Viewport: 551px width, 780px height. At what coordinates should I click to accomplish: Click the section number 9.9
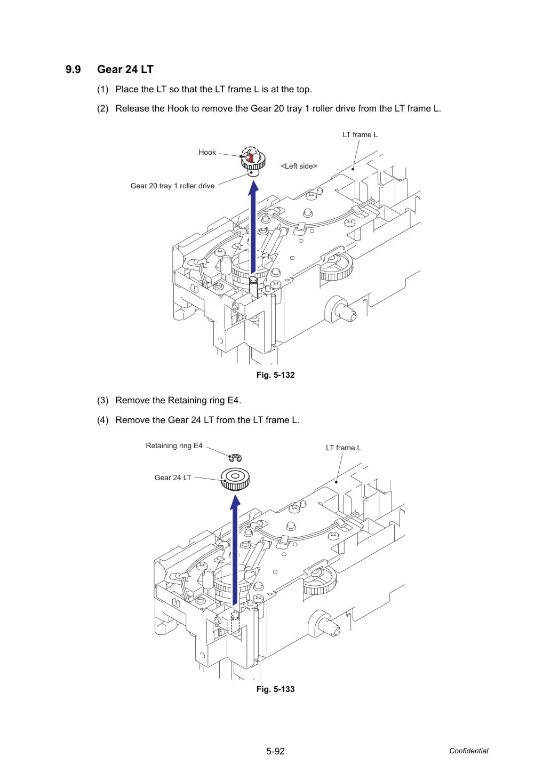click(73, 69)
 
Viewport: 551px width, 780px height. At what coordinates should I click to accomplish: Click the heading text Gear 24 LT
click(125, 69)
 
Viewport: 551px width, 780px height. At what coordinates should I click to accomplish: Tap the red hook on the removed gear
click(250, 157)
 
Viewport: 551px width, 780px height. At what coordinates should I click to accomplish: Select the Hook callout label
click(207, 152)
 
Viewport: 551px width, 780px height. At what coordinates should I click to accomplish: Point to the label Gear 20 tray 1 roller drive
click(172, 186)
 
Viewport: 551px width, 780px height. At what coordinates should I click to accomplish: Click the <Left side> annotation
click(299, 166)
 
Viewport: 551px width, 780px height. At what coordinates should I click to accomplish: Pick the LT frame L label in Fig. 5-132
click(360, 135)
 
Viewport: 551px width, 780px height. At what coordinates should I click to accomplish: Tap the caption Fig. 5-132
click(275, 375)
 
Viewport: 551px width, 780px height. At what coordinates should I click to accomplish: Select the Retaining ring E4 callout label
click(174, 445)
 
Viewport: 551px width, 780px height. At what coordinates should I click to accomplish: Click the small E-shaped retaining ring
click(236, 458)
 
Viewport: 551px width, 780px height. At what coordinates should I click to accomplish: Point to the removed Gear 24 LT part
click(235, 479)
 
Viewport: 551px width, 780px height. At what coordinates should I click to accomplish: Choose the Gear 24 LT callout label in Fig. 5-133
click(173, 477)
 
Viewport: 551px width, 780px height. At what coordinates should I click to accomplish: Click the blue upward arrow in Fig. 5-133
click(235, 550)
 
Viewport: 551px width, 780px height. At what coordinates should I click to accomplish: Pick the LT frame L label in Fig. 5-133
click(343, 448)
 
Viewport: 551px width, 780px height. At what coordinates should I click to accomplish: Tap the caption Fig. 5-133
click(275, 689)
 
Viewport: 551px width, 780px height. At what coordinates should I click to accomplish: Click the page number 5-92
click(275, 751)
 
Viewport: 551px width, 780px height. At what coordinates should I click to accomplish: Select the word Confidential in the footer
click(468, 751)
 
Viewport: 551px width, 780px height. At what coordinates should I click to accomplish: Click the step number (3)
click(103, 401)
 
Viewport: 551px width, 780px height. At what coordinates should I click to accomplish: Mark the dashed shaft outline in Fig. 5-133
click(235, 622)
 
